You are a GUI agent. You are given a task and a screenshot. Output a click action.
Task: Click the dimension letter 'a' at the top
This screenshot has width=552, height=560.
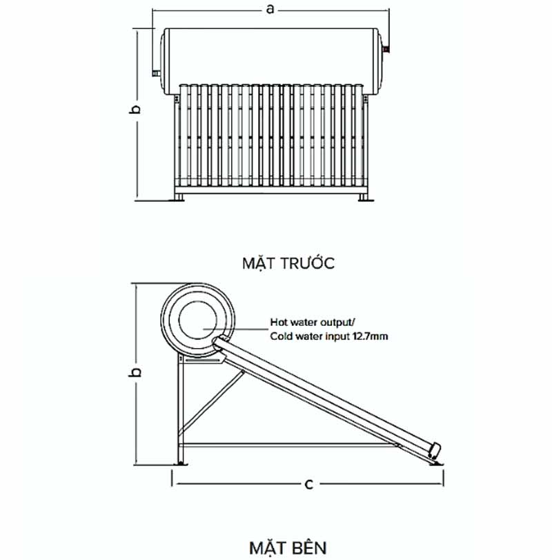(x=270, y=9)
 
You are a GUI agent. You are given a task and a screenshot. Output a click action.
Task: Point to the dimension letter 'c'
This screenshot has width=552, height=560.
(x=308, y=484)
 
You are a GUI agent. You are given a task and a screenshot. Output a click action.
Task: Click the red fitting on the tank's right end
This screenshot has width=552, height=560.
(x=388, y=49)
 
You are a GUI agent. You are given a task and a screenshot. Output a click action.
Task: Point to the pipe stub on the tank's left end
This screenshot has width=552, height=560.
(x=156, y=72)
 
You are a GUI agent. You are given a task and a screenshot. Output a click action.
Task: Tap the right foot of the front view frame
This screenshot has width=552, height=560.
(x=363, y=197)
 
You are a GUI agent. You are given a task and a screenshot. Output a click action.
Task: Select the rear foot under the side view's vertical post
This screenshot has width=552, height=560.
(x=181, y=462)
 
